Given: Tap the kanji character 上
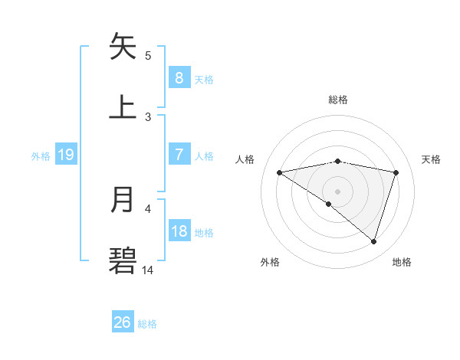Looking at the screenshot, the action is click(x=123, y=106).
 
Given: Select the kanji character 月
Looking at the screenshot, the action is click(x=123, y=200).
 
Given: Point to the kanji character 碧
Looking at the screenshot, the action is click(x=123, y=260).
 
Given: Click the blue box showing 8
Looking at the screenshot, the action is click(x=179, y=77).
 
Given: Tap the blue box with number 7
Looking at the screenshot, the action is click(x=179, y=154).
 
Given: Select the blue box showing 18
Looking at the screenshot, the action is click(x=179, y=231).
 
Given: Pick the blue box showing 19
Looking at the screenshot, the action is click(x=65, y=155).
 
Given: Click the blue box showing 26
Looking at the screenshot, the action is click(x=122, y=322).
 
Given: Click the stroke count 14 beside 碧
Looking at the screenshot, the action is click(x=148, y=270).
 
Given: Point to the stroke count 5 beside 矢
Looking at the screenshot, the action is click(x=148, y=55).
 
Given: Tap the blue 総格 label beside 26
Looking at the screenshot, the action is click(x=147, y=324).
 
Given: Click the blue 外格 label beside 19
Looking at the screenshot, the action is click(x=41, y=155).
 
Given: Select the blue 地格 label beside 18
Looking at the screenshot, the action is click(x=204, y=233).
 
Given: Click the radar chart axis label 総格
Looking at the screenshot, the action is click(x=338, y=100).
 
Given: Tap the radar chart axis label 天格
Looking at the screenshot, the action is click(x=431, y=159).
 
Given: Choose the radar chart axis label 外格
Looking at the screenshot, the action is click(x=270, y=262).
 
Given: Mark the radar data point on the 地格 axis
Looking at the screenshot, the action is click(x=374, y=241).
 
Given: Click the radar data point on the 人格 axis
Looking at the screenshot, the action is click(x=280, y=172).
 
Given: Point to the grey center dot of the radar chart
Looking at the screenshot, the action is click(x=338, y=191).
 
